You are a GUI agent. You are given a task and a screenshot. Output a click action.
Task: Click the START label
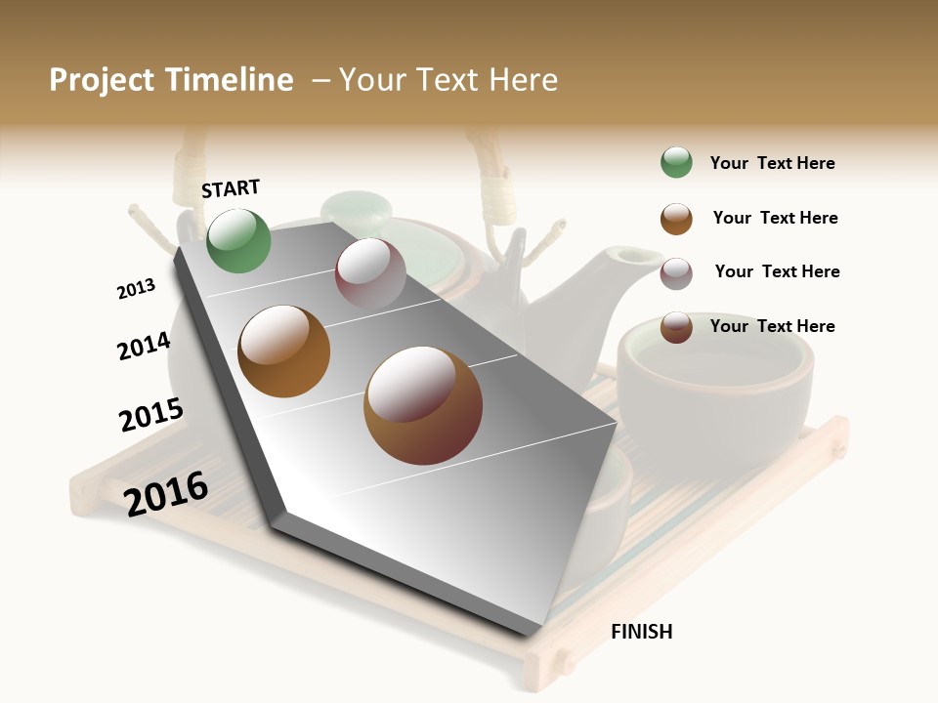(x=231, y=188)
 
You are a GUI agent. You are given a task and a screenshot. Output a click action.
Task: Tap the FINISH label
(x=641, y=632)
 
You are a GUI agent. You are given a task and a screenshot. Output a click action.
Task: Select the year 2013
(x=136, y=288)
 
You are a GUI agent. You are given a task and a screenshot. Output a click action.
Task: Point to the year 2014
(x=144, y=346)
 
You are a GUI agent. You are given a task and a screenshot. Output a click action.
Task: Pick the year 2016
(x=166, y=493)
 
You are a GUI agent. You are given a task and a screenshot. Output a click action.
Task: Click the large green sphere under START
(x=238, y=241)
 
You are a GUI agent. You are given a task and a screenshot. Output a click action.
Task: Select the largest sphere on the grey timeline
(x=422, y=405)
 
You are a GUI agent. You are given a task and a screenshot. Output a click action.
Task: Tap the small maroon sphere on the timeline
(x=370, y=273)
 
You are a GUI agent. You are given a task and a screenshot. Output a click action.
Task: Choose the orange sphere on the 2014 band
(x=283, y=351)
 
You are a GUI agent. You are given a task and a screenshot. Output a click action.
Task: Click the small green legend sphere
(x=676, y=162)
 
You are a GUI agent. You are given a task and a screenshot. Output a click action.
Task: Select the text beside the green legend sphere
(x=772, y=163)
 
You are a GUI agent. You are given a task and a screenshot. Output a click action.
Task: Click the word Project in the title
(x=102, y=80)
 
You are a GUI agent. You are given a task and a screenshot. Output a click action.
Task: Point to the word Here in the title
(x=523, y=80)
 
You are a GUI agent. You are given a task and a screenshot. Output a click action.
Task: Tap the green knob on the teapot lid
(x=357, y=208)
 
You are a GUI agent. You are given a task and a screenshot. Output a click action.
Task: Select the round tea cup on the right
(x=714, y=376)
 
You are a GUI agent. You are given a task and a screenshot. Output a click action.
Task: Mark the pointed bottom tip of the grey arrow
(x=533, y=633)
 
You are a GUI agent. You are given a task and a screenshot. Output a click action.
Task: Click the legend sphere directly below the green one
(x=676, y=219)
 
